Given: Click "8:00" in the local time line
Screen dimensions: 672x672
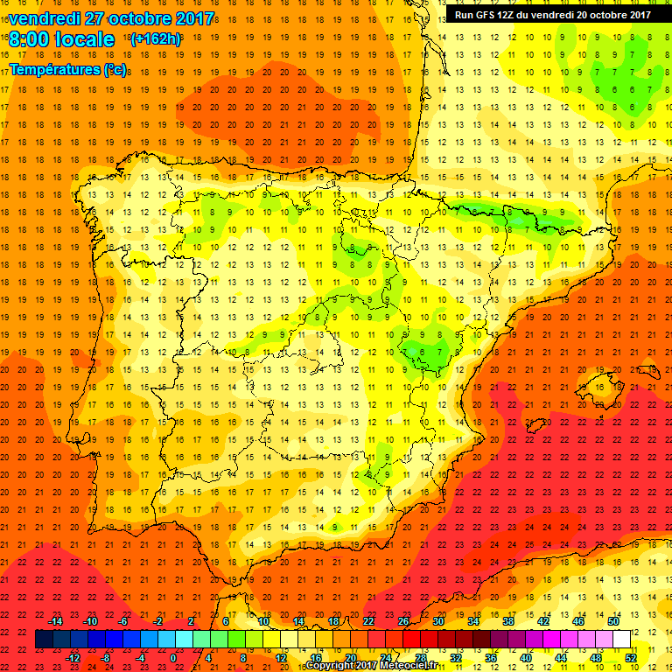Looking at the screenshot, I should [31, 39].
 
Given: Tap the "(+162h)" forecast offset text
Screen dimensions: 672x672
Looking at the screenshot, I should [155, 38].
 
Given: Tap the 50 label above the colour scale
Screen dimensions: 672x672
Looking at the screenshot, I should [612, 621].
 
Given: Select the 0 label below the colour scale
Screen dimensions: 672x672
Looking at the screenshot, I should [173, 658].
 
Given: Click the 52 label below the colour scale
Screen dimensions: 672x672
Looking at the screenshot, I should [630, 658].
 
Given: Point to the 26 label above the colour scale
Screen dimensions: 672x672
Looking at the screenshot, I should [402, 621].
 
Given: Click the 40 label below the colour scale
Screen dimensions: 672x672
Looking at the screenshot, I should [525, 658].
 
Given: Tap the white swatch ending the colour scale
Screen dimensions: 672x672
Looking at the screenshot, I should [621, 640].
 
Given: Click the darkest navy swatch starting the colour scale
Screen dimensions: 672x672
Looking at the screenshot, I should [44, 640].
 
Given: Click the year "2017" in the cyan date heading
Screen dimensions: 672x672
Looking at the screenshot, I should [190, 17].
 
